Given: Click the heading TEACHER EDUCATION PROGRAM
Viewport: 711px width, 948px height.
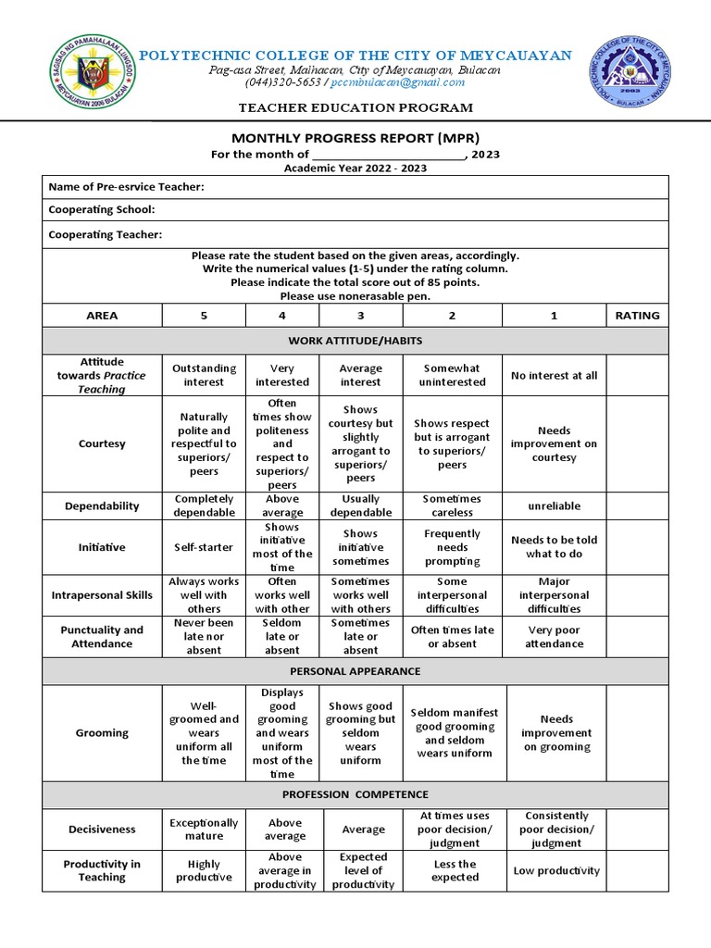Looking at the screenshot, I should [x=356, y=108].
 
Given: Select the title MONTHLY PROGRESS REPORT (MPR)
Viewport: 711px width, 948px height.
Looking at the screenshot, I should [x=355, y=138].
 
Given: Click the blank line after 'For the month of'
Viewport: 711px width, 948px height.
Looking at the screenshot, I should [x=389, y=156].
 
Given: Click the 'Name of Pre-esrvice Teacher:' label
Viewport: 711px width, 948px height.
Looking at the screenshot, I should [x=126, y=187].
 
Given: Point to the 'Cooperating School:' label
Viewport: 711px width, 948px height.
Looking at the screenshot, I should [x=102, y=210].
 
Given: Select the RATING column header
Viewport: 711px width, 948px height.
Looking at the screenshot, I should [x=637, y=315].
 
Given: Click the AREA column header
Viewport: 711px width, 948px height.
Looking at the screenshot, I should [x=102, y=315].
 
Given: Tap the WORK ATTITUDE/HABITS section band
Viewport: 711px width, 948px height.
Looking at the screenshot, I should [x=355, y=342].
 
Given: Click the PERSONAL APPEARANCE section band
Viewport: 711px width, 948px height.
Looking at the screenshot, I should [x=355, y=670].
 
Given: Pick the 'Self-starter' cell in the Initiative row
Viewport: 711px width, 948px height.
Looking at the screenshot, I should [x=204, y=547].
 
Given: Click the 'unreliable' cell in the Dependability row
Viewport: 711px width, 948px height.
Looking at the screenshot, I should [x=554, y=506].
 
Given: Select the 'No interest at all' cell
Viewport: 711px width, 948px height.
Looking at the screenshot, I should [x=554, y=376].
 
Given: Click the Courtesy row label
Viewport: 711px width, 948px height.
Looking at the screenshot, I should [x=102, y=443].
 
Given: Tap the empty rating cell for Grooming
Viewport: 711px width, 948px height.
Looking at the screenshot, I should [x=637, y=733].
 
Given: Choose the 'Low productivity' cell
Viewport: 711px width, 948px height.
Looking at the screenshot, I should [x=554, y=870].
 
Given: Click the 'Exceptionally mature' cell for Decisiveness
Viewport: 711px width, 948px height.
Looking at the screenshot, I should [x=204, y=829].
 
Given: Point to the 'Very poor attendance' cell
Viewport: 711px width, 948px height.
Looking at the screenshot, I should [x=554, y=637].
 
